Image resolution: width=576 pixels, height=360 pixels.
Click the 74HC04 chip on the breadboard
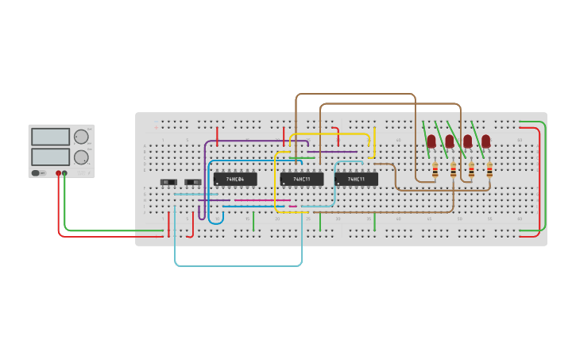(234, 179)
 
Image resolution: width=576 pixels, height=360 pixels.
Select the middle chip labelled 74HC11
(301, 179)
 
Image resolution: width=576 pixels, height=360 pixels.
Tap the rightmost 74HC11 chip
(356, 179)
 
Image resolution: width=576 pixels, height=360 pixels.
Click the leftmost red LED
(431, 141)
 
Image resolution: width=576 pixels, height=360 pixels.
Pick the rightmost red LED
(485, 141)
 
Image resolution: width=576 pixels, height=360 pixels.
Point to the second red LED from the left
(450, 141)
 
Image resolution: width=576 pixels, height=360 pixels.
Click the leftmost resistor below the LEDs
(435, 169)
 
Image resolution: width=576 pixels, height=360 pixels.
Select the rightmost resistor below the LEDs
(489, 169)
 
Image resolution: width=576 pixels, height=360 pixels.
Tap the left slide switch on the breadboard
(168, 182)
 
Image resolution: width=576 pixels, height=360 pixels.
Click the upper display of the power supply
(51, 137)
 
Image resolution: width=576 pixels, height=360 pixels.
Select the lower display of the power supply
(51, 157)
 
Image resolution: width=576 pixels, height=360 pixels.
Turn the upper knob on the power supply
(81, 137)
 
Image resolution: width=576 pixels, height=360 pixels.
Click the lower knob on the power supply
(81, 157)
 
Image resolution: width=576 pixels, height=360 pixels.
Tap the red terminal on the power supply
(58, 172)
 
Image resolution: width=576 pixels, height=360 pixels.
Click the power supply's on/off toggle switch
(37, 172)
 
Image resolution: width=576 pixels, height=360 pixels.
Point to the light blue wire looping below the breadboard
(238, 265)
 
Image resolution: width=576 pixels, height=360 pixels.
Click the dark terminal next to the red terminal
(65, 172)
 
